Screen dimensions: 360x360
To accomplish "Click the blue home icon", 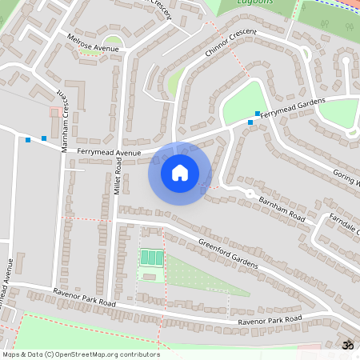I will (x=180, y=173).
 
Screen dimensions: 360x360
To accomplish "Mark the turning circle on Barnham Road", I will (x=250, y=194).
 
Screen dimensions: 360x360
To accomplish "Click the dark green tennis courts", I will (x=150, y=258).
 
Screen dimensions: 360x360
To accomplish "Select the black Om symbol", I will (x=347, y=345).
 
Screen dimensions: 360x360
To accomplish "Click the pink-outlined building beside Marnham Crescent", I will (x=55, y=112).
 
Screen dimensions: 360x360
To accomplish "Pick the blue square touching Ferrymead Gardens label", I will (x=258, y=113).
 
